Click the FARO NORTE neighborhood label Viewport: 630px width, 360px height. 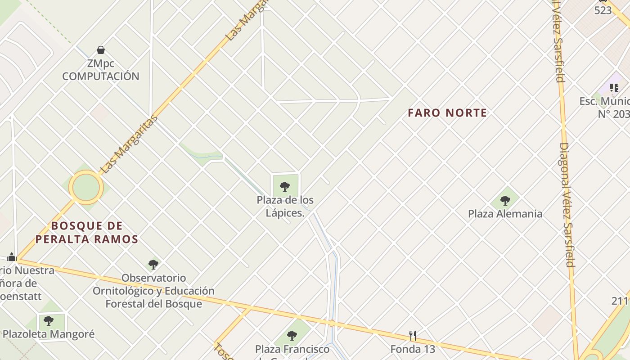(447, 112)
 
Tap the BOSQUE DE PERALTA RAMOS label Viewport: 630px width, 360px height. (87, 232)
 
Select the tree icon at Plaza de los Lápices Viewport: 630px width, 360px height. (284, 186)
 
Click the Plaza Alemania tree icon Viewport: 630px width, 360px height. (505, 200)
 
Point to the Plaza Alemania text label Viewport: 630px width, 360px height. (505, 214)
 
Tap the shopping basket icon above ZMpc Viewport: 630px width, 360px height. (101, 49)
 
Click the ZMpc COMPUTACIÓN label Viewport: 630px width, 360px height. (101, 70)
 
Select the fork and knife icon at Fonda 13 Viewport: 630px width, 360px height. (412, 335)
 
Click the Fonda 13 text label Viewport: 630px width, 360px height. (412, 349)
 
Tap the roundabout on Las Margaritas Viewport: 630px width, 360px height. (86, 187)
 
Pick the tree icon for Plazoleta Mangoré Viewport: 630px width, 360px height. (49, 321)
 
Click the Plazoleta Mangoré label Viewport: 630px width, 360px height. (49, 334)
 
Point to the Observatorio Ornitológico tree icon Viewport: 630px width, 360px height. (153, 264)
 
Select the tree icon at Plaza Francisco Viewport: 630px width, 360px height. (292, 335)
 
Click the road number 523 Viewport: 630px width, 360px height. (603, 10)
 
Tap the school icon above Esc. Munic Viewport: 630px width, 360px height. (614, 87)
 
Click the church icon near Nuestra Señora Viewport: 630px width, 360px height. (12, 257)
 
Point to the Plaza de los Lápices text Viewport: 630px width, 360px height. (285, 206)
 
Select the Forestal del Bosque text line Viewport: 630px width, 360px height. (153, 304)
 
